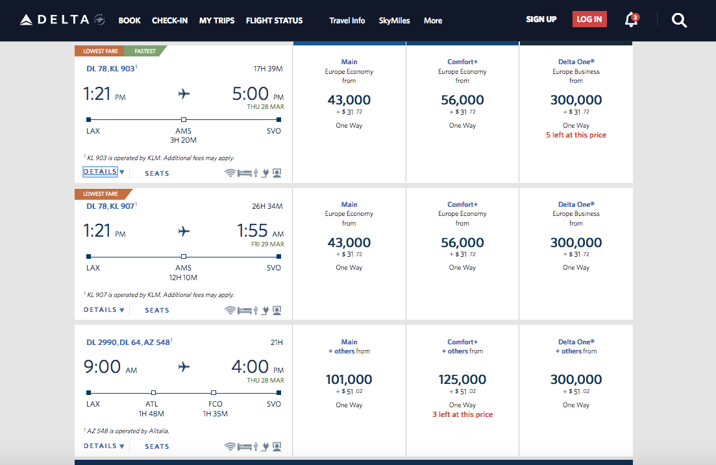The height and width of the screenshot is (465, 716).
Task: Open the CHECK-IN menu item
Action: click(x=169, y=21)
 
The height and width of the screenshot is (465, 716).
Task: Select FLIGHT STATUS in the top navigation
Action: click(x=274, y=21)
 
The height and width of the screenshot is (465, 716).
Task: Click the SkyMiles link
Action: click(x=394, y=21)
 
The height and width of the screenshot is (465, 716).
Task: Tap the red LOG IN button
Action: click(x=589, y=19)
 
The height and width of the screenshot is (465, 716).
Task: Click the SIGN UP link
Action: click(x=541, y=19)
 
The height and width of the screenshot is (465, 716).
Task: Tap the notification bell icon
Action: click(x=630, y=20)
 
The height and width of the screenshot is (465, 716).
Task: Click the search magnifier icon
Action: click(x=679, y=21)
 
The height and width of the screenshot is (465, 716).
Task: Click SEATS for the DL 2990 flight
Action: click(x=157, y=446)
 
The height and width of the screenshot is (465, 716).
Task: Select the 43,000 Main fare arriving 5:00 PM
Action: click(x=349, y=101)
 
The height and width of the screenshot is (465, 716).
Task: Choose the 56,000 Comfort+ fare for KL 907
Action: click(x=462, y=243)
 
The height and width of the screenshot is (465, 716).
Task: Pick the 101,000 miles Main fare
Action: click(x=349, y=380)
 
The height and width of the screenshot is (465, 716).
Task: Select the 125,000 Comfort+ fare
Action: click(x=462, y=380)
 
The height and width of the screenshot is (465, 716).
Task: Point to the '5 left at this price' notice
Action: click(x=576, y=135)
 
